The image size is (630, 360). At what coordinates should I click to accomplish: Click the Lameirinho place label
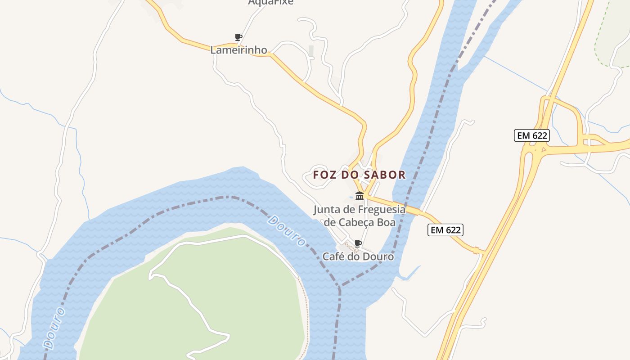coord(238,50)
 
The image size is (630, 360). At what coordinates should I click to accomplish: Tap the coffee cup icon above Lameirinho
coord(238,37)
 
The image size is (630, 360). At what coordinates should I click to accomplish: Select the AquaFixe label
coord(270,2)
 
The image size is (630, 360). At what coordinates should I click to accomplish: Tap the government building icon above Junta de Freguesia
coord(359,196)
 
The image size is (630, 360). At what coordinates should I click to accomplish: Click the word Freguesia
coord(382,210)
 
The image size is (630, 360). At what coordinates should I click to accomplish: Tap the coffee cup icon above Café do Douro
coord(358,243)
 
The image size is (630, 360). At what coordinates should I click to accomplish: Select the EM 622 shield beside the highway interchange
coord(532,135)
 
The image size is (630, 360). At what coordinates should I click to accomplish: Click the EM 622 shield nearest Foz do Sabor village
coord(445,230)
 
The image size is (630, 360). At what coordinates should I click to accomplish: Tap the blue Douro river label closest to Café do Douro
coord(286,231)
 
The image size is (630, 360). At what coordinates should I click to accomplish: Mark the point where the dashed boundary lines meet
coord(339,286)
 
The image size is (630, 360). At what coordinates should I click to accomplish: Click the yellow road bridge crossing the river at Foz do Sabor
coord(407,207)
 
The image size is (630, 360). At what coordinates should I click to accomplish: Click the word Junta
coord(326,210)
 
